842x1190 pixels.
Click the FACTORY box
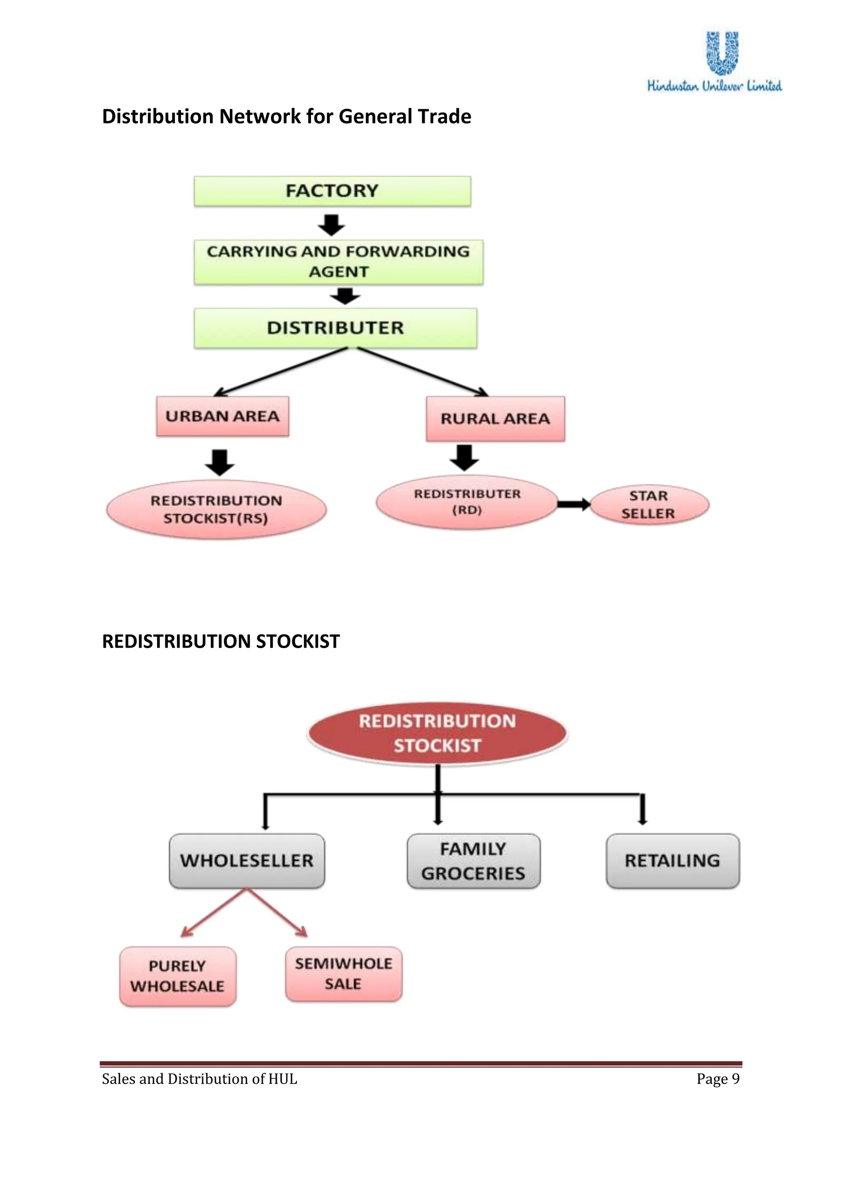pos(332,191)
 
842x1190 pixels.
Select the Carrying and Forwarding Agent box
pos(338,262)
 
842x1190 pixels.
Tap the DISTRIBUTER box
pos(335,328)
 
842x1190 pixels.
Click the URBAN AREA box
pos(222,416)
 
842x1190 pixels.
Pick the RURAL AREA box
pos(495,419)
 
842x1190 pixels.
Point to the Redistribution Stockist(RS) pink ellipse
pos(216,510)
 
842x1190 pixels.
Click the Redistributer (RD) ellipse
pos(467,502)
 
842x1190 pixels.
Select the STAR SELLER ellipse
pos(649,505)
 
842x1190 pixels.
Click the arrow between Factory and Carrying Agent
pos(331,224)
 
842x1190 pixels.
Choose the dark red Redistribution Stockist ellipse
pos(437,733)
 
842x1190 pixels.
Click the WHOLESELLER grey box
pos(247,861)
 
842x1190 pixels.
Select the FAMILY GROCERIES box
pos(473,861)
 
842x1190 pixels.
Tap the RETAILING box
pos(673,861)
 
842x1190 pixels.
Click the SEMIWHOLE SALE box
pos(343,974)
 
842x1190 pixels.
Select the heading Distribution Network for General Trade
pos(286,117)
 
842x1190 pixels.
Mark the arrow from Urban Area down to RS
pos(220,462)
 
